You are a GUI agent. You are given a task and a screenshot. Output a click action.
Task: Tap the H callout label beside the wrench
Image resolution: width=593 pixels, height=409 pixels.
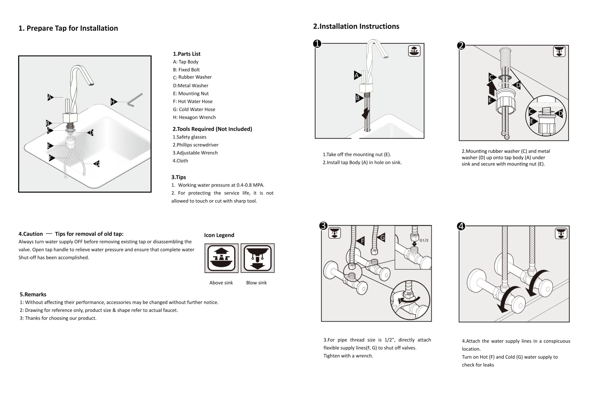[x=114, y=102]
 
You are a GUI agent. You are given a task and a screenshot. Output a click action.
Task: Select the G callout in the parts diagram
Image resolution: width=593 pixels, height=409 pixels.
[x=97, y=164]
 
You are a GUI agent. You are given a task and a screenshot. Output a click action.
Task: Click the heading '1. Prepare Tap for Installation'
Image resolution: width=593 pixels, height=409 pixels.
[x=68, y=28]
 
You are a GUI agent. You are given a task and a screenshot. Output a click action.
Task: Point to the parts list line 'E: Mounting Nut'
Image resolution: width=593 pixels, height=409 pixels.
[x=191, y=93]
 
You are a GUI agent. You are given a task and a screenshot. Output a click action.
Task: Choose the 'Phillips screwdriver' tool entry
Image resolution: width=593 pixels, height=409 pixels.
[x=195, y=145]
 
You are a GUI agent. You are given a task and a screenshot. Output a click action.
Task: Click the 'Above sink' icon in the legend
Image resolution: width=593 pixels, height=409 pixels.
[x=221, y=258]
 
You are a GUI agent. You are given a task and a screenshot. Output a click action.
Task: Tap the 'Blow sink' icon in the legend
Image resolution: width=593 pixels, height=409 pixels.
[x=258, y=258]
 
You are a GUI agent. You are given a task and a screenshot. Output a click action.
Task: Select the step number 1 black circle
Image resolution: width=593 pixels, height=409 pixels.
[x=317, y=44]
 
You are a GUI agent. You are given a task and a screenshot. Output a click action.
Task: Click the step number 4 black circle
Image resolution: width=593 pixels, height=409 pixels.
[x=461, y=226]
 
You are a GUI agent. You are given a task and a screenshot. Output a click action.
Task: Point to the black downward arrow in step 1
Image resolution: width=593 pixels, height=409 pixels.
[x=366, y=113]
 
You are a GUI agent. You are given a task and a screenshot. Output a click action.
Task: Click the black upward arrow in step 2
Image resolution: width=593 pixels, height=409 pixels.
[x=491, y=89]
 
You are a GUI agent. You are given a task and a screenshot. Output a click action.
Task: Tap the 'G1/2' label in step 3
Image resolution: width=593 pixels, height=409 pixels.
[x=424, y=240]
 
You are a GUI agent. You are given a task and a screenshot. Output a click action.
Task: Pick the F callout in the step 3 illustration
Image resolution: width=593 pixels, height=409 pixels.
[x=361, y=241]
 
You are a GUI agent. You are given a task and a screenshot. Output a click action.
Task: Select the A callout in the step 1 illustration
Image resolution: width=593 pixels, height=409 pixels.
[x=357, y=76]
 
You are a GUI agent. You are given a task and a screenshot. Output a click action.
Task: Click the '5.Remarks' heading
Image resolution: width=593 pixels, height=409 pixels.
[x=33, y=295]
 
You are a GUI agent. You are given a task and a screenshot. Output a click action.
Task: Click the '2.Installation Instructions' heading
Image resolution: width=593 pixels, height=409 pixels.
[x=356, y=26]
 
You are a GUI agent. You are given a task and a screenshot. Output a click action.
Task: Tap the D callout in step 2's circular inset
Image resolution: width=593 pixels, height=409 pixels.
[x=559, y=114]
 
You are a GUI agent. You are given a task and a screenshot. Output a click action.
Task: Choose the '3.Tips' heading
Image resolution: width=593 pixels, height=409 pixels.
[x=178, y=177]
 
